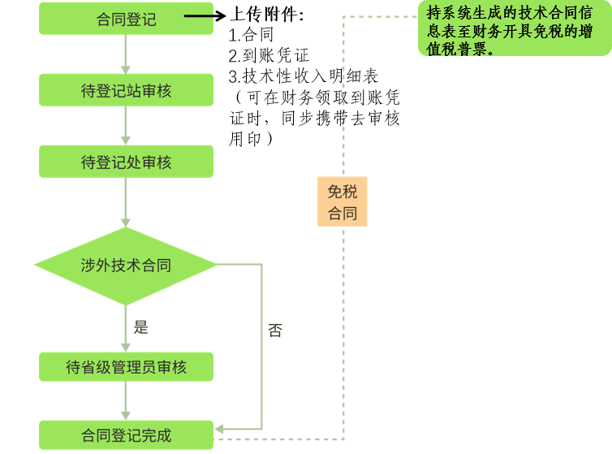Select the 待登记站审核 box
point(126,90)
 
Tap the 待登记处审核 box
point(126,162)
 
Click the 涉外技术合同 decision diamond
point(126,265)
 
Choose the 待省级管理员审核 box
point(126,367)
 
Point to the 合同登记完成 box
point(126,435)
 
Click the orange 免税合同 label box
point(342,202)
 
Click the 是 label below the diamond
point(141,327)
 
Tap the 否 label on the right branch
point(275,331)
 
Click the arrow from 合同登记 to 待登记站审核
point(126,55)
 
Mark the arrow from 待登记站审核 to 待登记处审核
point(126,127)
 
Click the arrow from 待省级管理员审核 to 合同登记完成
point(126,401)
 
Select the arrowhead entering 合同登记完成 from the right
point(220,430)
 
